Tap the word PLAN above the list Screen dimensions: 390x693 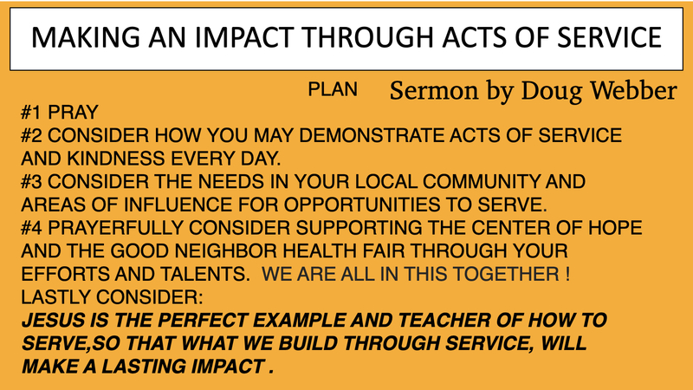click(x=333, y=90)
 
